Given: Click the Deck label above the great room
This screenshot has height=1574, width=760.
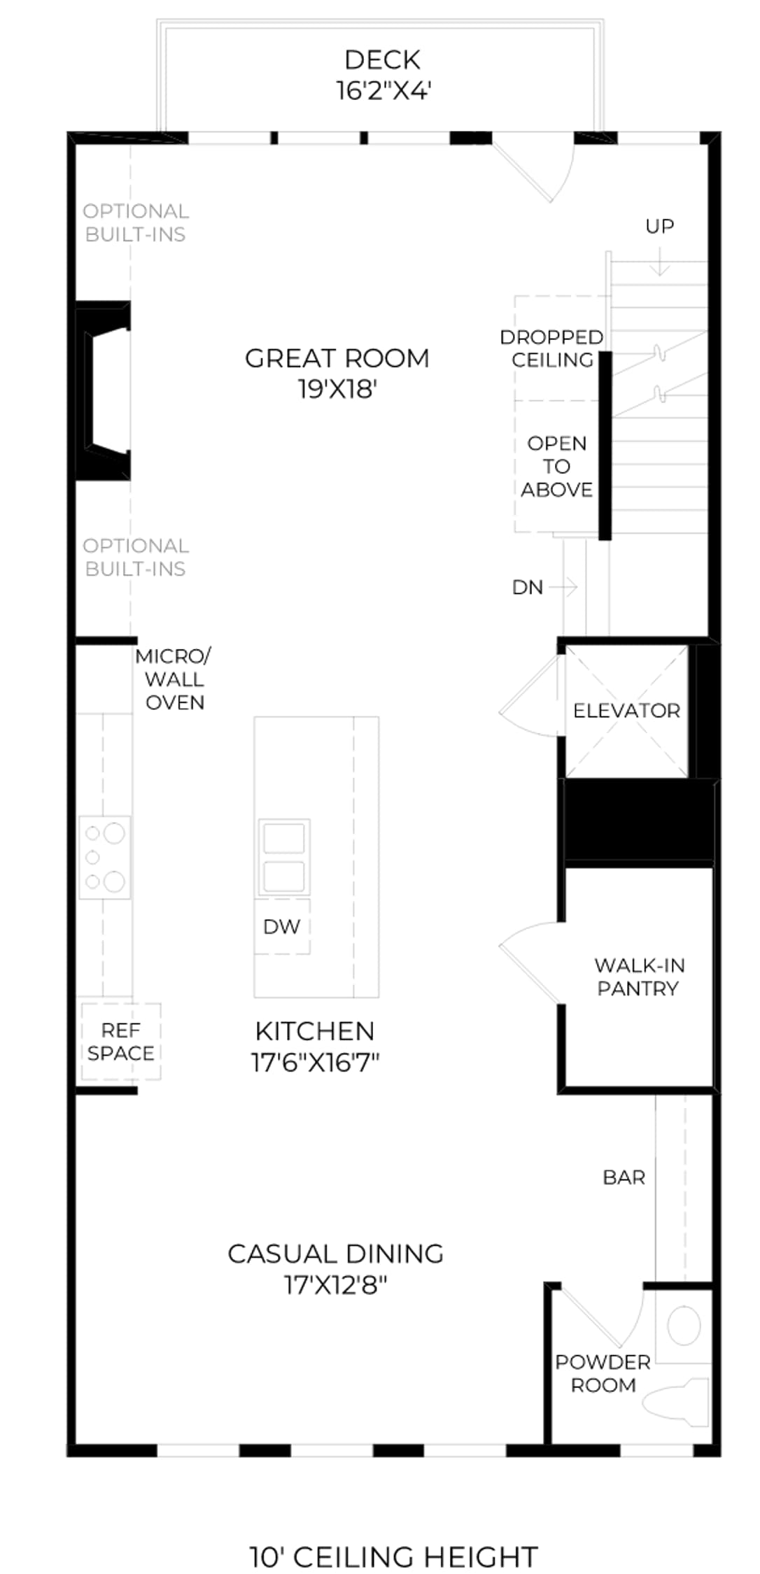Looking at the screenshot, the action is [x=382, y=60].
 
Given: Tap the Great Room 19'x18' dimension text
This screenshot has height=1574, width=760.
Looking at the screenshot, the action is [x=338, y=389].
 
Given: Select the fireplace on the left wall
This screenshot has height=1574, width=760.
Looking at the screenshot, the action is [x=103, y=390].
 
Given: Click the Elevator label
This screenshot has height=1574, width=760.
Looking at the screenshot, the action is [x=626, y=711].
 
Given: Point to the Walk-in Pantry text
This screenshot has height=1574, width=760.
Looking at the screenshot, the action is [x=639, y=977].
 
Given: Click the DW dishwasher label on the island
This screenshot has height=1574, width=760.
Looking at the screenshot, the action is [x=281, y=926].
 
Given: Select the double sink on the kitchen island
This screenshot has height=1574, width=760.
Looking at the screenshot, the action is [x=283, y=857].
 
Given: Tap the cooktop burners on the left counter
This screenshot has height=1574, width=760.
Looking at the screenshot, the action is [x=104, y=857].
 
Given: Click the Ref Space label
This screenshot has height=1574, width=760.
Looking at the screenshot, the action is [x=120, y=1042].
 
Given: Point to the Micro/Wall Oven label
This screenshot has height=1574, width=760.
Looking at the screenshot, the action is [x=174, y=679].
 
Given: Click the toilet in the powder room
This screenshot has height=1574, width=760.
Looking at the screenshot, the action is [x=676, y=1402].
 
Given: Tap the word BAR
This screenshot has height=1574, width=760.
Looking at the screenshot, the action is [x=624, y=1177].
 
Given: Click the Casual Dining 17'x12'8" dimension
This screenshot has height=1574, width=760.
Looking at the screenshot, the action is [x=336, y=1285].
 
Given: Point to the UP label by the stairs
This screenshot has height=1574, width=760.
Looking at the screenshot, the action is [x=659, y=226].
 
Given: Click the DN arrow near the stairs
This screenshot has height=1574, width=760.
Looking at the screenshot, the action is [x=563, y=587].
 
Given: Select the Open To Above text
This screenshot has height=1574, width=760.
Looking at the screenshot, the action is [x=556, y=467].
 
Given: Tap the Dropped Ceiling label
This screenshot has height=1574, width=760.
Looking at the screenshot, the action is [x=551, y=348].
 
